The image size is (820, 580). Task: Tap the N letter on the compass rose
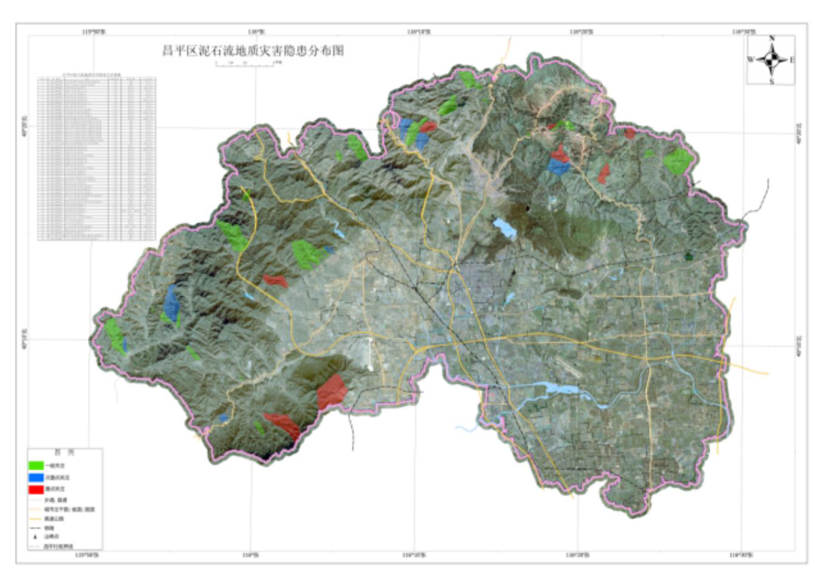point(771,38)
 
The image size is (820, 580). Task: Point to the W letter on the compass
point(750,59)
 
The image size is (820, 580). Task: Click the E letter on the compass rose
point(793,59)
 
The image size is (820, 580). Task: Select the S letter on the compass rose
point(771,81)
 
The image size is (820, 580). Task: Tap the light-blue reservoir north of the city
point(503,229)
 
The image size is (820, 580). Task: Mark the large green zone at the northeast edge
point(676,161)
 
